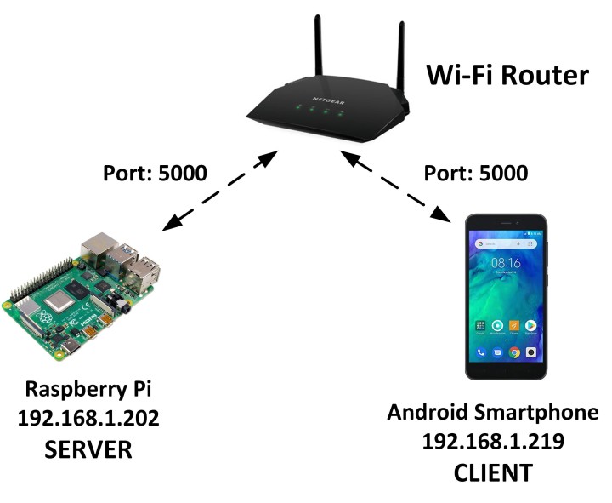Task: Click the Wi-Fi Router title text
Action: point(507,75)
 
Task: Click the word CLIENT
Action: point(493,471)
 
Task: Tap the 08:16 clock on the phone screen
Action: point(507,264)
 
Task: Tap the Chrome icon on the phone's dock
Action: point(514,352)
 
